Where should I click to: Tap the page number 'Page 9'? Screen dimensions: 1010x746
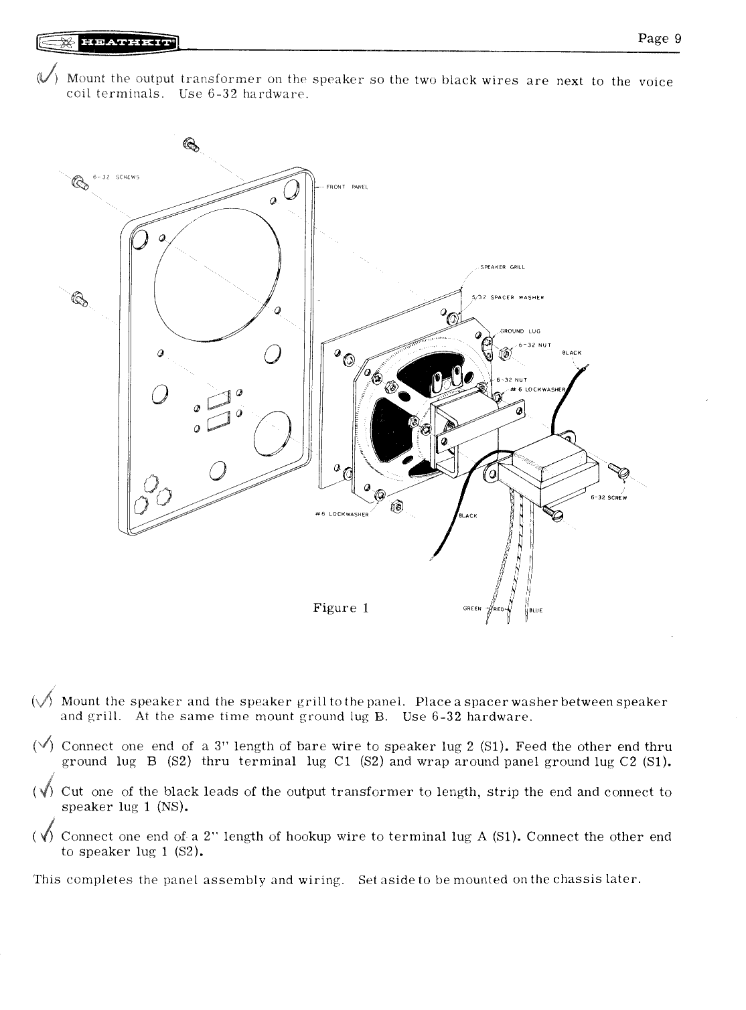pyautogui.click(x=659, y=38)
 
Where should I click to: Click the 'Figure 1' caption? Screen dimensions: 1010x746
pyautogui.click(x=341, y=608)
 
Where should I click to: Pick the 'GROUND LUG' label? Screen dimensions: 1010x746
pyautogui.click(x=524, y=331)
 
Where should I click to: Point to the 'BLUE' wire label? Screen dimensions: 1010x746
pyautogui.click(x=536, y=610)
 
